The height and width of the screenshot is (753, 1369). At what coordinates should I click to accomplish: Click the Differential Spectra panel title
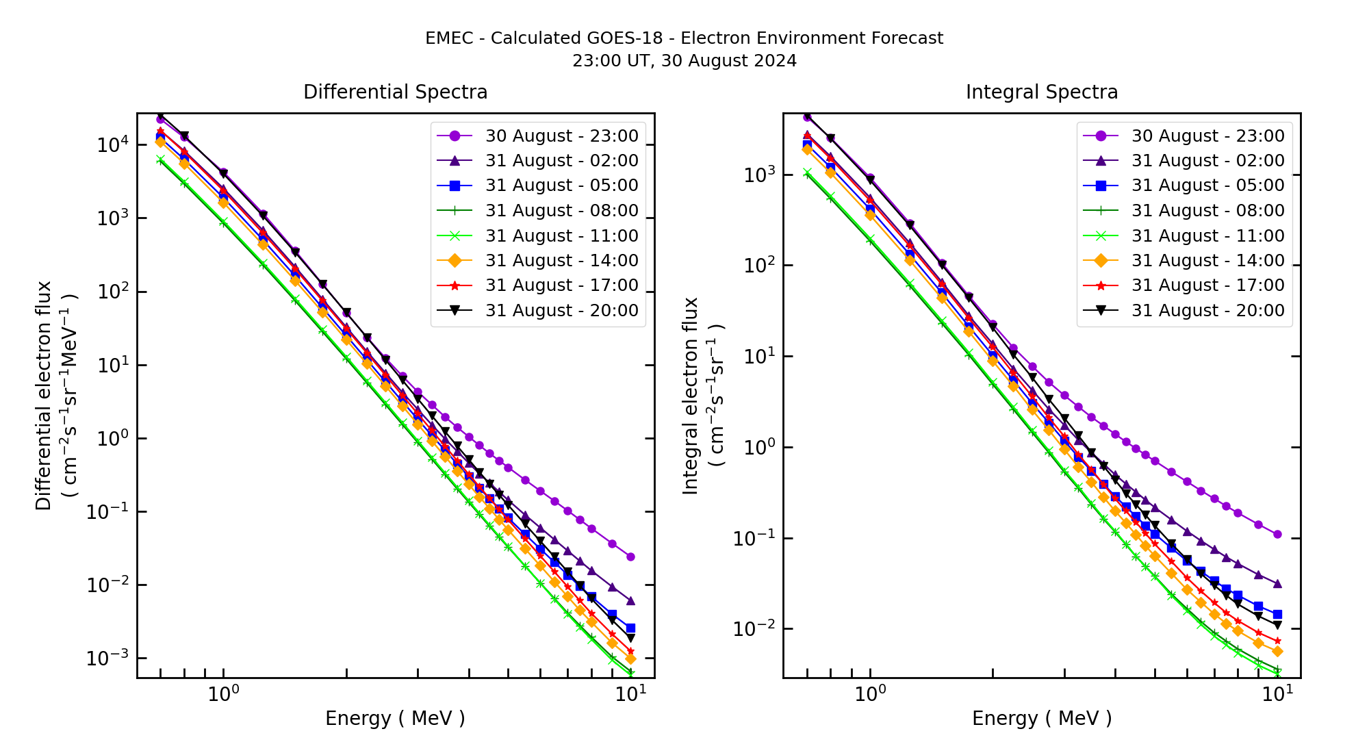[395, 92]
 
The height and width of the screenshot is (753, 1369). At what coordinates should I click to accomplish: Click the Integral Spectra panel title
[1041, 92]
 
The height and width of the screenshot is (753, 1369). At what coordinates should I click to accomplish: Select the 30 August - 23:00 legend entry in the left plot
[561, 136]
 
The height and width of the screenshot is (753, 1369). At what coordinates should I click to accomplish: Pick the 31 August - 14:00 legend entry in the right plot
[1207, 260]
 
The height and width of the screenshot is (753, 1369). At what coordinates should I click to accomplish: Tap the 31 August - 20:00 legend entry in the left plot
[561, 310]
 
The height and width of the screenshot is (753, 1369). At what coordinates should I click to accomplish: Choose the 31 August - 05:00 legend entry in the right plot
[1207, 186]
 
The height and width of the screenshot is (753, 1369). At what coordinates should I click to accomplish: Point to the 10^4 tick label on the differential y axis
[112, 144]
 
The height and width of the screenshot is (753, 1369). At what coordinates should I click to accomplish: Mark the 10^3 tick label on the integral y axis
[758, 175]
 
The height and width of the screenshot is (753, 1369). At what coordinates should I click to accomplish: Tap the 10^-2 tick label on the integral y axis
[754, 628]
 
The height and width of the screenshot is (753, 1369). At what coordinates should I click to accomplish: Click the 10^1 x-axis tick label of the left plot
[629, 694]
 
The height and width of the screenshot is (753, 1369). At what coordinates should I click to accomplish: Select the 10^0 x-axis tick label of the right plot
[870, 694]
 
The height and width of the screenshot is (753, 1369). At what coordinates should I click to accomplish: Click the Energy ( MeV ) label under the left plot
[395, 718]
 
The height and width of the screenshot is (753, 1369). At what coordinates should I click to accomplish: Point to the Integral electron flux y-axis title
[691, 396]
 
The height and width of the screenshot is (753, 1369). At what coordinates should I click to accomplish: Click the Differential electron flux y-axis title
[44, 396]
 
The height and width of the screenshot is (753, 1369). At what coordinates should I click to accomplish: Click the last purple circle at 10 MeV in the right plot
[1277, 534]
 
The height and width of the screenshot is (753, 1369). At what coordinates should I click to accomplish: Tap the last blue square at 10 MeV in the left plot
[630, 628]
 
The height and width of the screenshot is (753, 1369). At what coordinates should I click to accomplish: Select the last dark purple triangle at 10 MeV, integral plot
[1277, 584]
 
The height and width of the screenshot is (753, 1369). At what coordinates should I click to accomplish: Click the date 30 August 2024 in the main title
[729, 61]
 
